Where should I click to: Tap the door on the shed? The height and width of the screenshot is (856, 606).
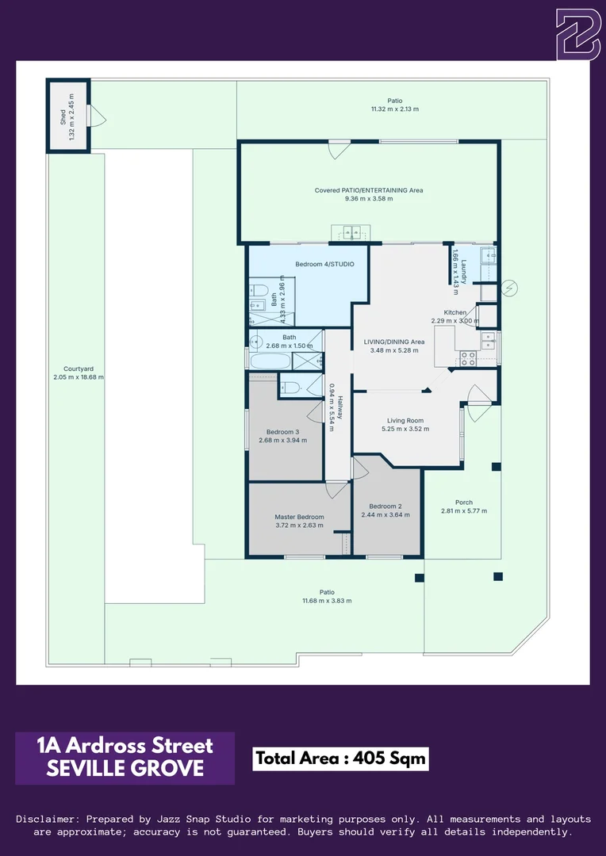pos(98,117)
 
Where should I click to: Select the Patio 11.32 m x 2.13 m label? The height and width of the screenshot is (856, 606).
pos(395,105)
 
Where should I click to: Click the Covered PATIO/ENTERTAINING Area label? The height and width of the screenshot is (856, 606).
pos(369,190)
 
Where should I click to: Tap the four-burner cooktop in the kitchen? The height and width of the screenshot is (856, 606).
pos(468,357)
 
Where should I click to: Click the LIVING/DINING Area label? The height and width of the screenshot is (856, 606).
pos(394,342)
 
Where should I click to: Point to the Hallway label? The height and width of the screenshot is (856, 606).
pos(339,407)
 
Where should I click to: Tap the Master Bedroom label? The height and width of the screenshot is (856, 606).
pos(299,517)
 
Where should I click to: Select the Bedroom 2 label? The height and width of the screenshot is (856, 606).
pos(385,506)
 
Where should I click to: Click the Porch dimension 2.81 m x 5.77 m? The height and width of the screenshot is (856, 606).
pos(464,511)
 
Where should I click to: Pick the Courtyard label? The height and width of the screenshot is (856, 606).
pos(79,369)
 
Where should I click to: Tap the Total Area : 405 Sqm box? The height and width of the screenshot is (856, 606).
pos(341,759)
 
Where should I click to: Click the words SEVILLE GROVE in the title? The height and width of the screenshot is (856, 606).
pos(125,769)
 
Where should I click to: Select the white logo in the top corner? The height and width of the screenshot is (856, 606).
pos(577,35)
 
